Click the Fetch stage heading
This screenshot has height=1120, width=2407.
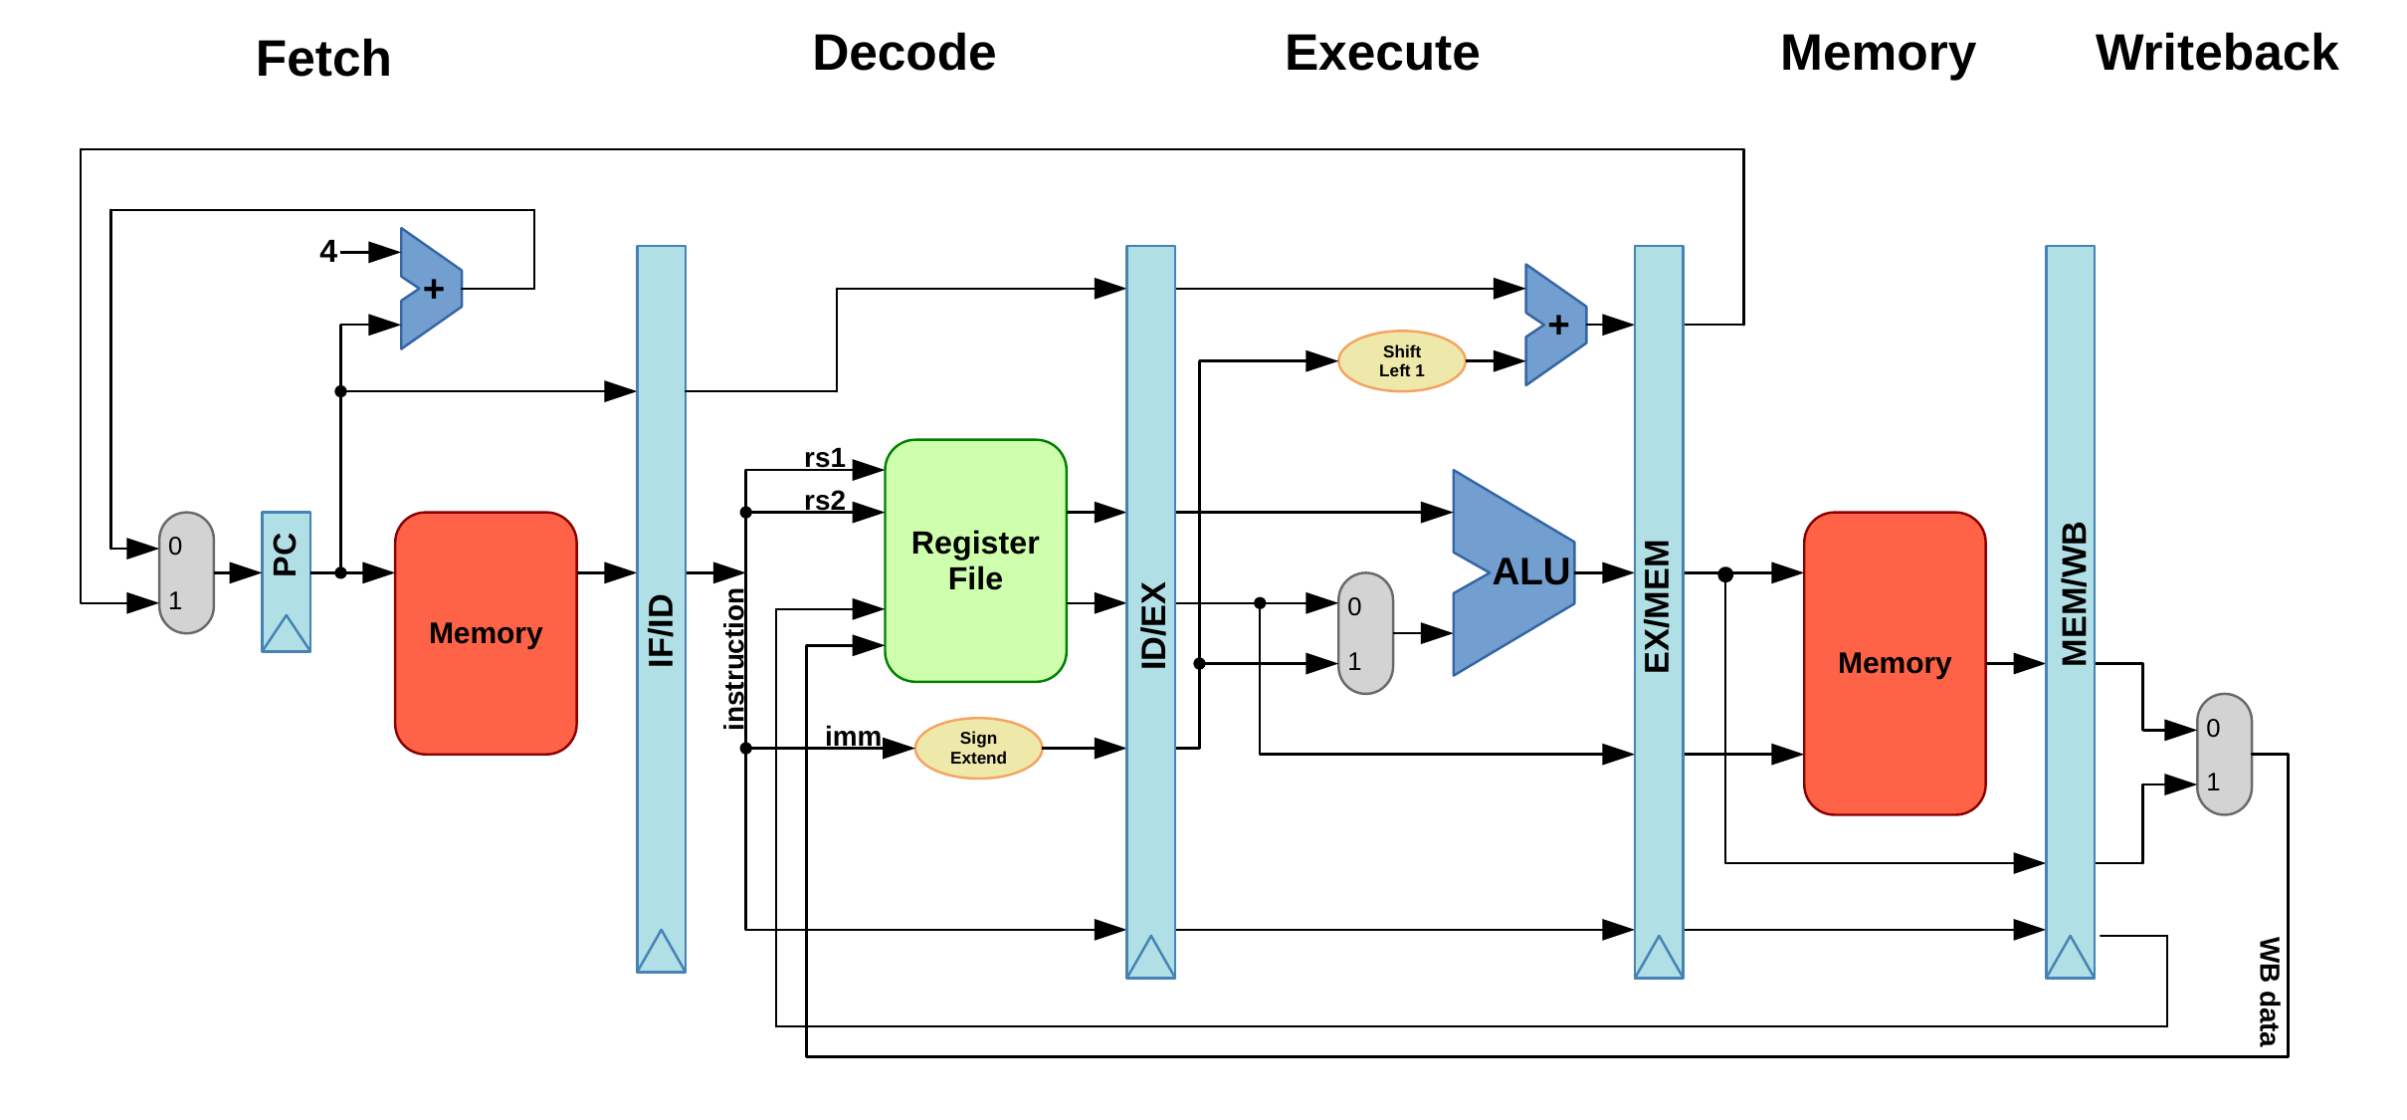tap(322, 58)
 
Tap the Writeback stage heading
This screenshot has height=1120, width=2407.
tap(2216, 53)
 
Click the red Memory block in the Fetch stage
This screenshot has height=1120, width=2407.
tap(486, 633)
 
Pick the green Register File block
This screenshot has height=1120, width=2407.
tap(975, 560)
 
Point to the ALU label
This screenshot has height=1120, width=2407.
tap(1530, 571)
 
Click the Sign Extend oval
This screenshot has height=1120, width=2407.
tap(978, 748)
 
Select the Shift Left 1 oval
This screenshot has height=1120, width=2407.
tap(1401, 361)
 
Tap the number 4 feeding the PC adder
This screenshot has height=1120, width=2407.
tap(328, 251)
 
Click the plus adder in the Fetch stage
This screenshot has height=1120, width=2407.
tap(432, 289)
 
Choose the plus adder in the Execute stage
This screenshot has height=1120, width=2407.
tap(1556, 325)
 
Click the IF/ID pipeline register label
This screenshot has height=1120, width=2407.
tap(661, 629)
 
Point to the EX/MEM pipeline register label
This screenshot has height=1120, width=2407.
tap(1658, 606)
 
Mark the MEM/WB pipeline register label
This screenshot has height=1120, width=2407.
tap(2073, 593)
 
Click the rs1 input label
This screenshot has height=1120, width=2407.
tap(824, 457)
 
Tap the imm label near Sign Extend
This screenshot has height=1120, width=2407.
tap(853, 736)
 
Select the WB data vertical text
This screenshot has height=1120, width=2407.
tap(2268, 991)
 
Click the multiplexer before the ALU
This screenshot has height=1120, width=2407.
tap(1365, 633)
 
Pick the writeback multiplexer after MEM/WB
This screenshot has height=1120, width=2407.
tap(2224, 754)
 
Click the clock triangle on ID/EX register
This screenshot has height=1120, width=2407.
tap(1150, 957)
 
